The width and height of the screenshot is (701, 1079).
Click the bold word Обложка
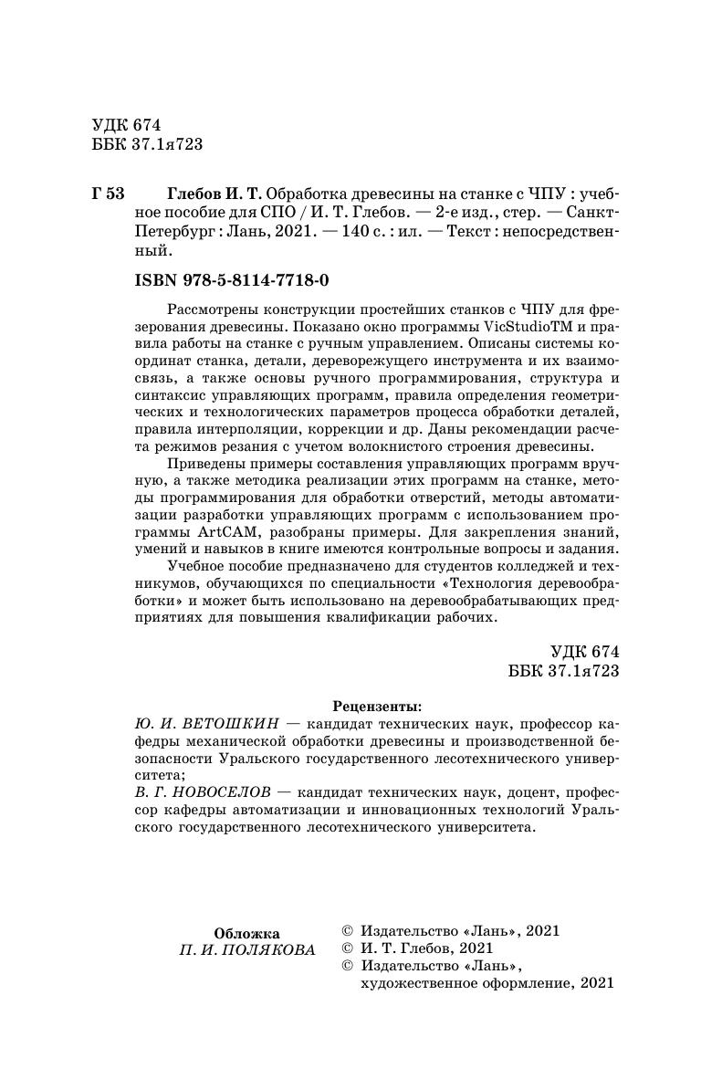[246, 933]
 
